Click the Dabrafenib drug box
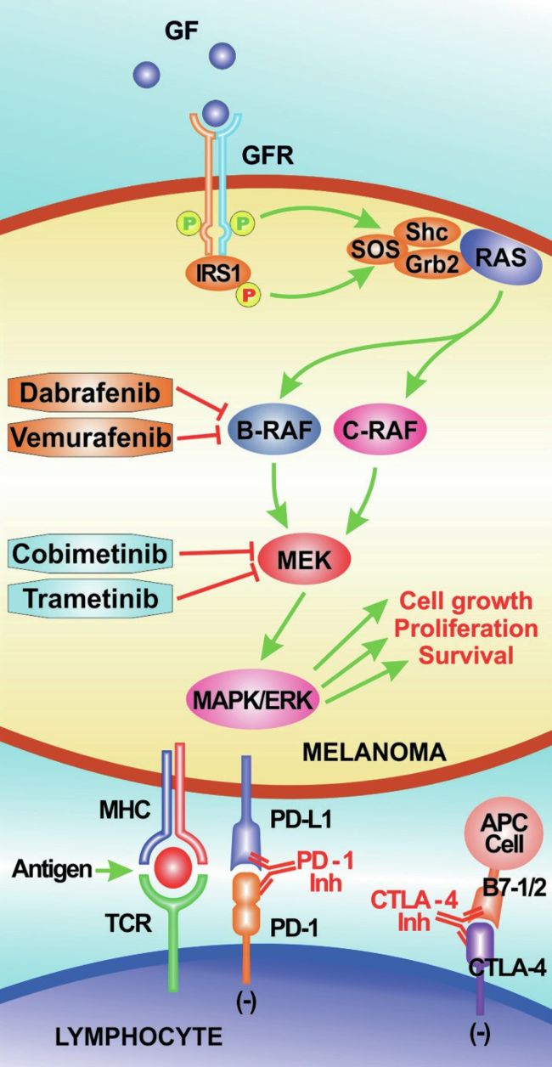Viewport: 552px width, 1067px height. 90,393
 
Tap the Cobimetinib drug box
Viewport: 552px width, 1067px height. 90,554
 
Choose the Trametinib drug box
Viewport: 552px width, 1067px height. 90,598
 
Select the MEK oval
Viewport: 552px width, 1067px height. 304,560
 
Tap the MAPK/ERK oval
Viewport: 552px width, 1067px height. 253,700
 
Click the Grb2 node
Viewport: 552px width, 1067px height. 432,264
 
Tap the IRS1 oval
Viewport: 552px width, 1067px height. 219,274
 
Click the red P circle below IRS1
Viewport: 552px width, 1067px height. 249,296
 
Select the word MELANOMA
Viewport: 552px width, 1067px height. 375,752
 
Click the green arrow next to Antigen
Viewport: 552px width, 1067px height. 113,870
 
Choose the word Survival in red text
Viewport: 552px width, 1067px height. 465,656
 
